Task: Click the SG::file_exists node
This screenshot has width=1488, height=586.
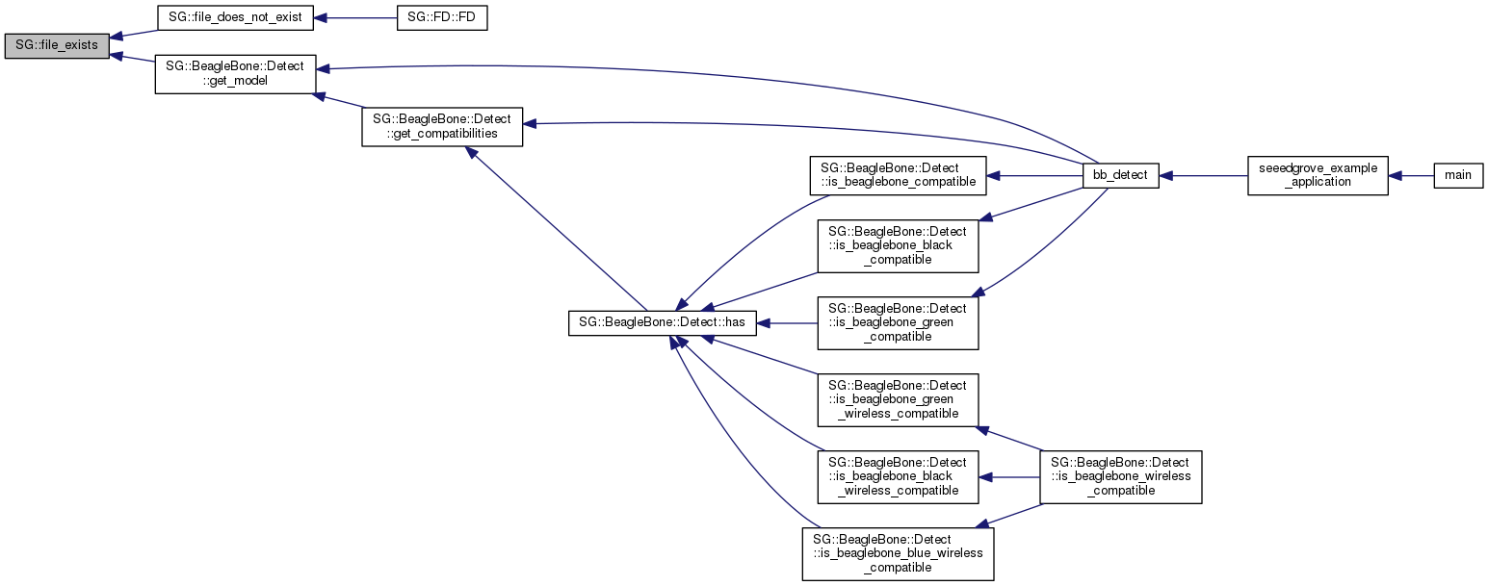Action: point(56,45)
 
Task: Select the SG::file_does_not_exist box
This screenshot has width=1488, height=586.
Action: point(236,18)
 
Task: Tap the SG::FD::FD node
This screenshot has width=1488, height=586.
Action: point(442,18)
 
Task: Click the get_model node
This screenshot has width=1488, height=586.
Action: point(236,73)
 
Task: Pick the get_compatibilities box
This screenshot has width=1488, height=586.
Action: point(442,126)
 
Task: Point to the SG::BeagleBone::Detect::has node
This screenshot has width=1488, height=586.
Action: point(663,323)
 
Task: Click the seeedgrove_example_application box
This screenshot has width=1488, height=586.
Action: point(1318,175)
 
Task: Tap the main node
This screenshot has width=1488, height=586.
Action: point(1458,175)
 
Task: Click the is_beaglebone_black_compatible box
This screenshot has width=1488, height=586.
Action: point(898,245)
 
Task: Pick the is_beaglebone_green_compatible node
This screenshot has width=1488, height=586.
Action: point(898,322)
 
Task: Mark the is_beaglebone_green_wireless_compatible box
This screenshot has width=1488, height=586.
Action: point(898,399)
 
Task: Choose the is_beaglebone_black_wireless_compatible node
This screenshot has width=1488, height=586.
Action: point(898,476)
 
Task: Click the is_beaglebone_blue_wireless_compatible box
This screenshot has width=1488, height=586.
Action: point(898,552)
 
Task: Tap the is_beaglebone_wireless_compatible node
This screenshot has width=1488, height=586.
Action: point(1120,476)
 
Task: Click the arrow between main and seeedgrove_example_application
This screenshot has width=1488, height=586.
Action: point(1411,176)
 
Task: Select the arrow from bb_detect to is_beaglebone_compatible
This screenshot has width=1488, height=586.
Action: point(1035,176)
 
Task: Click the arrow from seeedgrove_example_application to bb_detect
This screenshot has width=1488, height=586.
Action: point(1203,176)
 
